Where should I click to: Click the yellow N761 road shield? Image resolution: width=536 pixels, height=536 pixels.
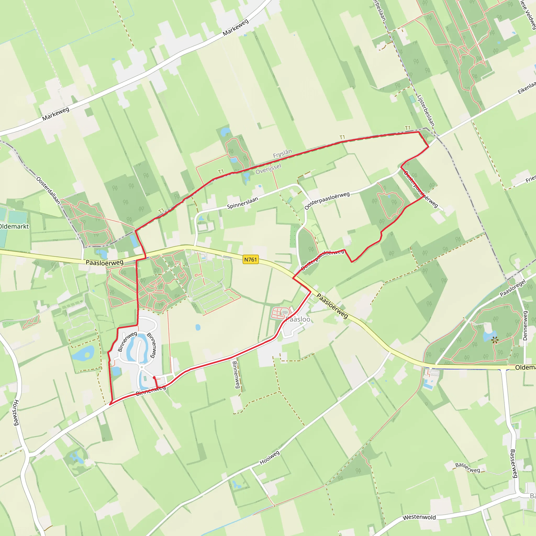tap(250, 259)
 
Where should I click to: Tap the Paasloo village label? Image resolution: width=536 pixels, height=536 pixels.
tap(298, 319)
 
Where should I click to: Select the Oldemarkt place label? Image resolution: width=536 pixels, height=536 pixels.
tap(14, 226)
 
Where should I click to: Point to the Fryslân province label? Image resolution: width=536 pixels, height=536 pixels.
tap(282, 153)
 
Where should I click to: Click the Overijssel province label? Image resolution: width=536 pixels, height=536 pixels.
tap(268, 169)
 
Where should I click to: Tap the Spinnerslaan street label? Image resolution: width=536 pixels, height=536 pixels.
tap(242, 203)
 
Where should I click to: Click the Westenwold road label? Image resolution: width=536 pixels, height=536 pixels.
tap(419, 517)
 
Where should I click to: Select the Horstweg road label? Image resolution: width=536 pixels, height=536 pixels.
tap(16, 412)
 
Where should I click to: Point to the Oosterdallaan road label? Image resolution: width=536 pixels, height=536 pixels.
tap(48, 191)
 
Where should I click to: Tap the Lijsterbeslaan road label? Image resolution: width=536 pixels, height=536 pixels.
tap(426, 110)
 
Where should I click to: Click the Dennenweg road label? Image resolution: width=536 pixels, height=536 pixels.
tap(525, 325)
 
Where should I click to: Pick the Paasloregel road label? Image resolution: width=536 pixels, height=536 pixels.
tap(513, 288)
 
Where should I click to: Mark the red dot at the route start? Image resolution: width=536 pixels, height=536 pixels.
tap(154, 378)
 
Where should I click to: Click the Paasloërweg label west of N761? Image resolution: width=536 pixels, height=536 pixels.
tap(105, 263)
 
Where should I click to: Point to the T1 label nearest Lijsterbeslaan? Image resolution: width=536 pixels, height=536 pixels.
tap(407, 128)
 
